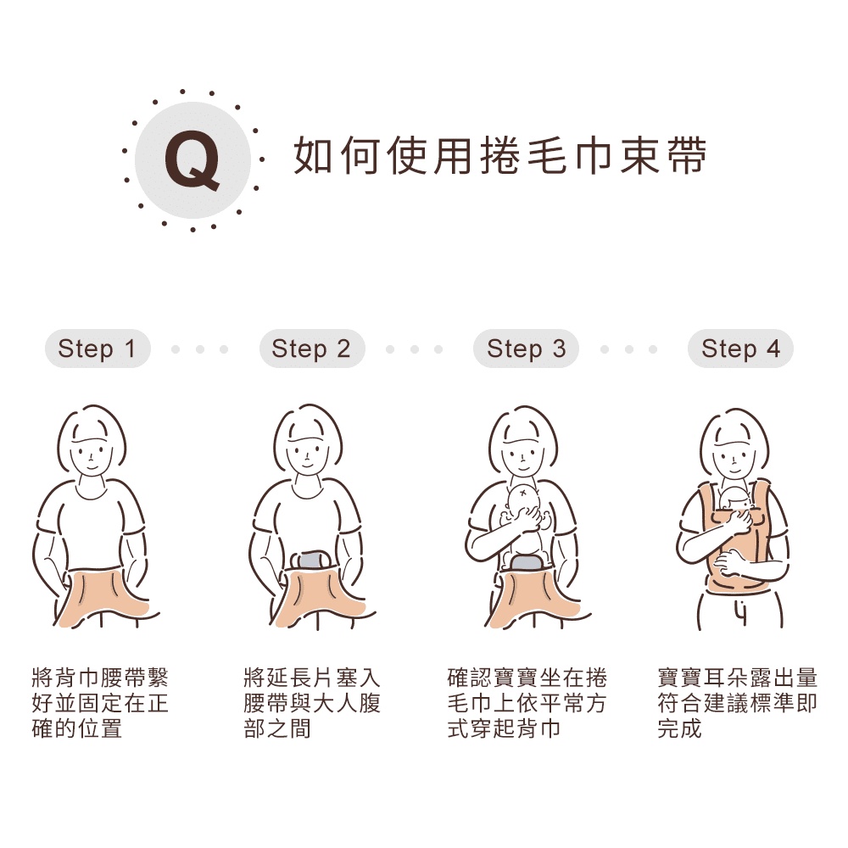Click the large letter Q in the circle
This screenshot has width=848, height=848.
click(x=192, y=160)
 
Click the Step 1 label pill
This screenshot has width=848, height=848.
click(x=98, y=349)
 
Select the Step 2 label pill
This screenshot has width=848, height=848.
click(x=312, y=349)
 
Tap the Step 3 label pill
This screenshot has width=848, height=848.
click(x=527, y=349)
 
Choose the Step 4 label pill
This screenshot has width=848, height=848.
click(x=740, y=349)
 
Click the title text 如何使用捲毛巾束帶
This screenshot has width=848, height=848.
click(x=500, y=156)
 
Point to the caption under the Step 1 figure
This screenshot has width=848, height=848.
click(x=100, y=703)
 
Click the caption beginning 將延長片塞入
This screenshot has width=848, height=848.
click(x=312, y=703)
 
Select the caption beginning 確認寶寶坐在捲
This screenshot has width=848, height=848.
click(x=527, y=703)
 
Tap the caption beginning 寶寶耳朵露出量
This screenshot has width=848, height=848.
click(x=737, y=703)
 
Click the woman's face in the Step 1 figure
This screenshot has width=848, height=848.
click(x=92, y=455)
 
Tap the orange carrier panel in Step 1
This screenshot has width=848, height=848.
click(x=103, y=598)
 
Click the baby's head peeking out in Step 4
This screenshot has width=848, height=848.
click(x=734, y=499)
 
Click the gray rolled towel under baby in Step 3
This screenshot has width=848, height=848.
click(x=526, y=562)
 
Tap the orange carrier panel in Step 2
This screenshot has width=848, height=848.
click(x=319, y=598)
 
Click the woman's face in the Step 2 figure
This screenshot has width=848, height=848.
click(x=307, y=455)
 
